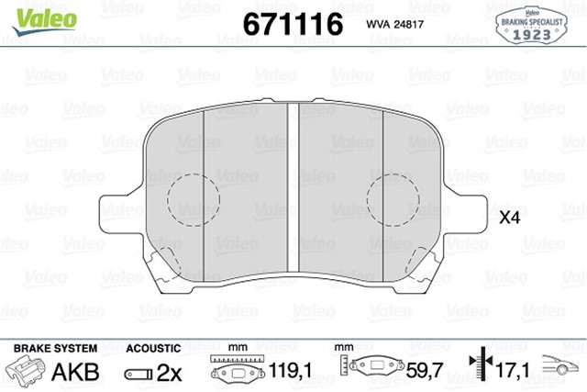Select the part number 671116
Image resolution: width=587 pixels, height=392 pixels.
pyautogui.click(x=292, y=24)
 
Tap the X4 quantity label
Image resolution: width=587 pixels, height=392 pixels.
pyautogui.click(x=509, y=218)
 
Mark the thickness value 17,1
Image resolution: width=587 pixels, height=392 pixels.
pyautogui.click(x=512, y=372)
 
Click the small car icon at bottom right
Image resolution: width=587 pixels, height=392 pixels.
pyautogui.click(x=561, y=366)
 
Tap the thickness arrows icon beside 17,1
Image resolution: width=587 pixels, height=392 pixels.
pyautogui.click(x=478, y=370)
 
